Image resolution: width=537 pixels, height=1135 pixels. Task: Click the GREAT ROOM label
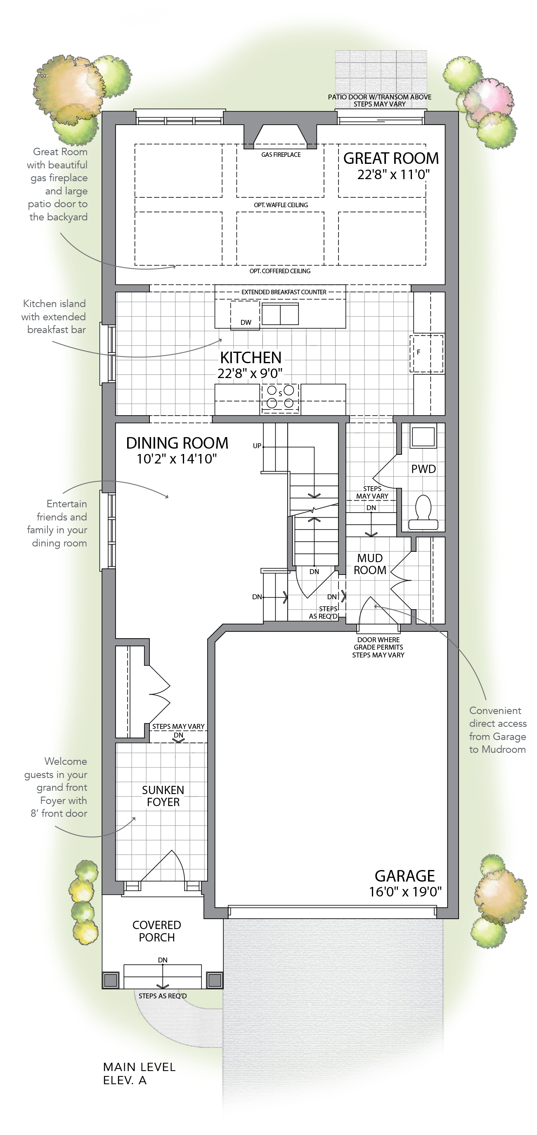click(391, 158)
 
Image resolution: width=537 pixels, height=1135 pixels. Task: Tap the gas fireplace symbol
click(280, 136)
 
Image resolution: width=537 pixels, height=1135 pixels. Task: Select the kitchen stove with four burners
click(280, 398)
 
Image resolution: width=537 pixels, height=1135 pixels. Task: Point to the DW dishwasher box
click(245, 314)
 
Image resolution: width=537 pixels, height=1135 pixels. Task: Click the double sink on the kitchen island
click(280, 314)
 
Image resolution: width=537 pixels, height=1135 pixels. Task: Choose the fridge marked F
click(426, 354)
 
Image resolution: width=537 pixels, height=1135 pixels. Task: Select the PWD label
click(423, 469)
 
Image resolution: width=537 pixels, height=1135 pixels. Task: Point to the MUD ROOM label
click(370, 564)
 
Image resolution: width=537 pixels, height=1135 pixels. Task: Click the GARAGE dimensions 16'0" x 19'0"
click(405, 892)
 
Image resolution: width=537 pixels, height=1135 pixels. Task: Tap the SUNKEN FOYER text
click(163, 796)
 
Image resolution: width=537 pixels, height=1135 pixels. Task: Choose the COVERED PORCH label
click(157, 931)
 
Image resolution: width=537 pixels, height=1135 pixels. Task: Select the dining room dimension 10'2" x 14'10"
click(177, 459)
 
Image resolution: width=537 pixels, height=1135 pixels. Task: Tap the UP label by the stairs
click(257, 446)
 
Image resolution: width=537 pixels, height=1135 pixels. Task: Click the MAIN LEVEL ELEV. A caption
click(139, 1074)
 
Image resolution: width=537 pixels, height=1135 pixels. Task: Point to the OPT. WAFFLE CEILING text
click(281, 205)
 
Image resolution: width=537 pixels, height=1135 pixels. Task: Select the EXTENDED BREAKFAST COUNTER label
click(284, 292)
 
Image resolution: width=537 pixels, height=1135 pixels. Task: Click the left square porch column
click(111, 980)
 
